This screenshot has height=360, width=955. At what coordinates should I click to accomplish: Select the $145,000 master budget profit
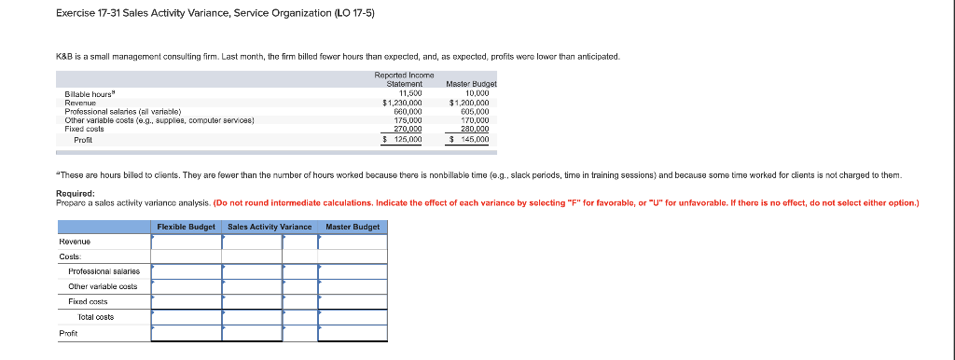(470, 139)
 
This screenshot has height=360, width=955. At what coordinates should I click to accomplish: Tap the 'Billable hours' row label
(90, 92)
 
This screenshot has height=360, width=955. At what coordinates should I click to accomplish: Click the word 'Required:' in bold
(74, 193)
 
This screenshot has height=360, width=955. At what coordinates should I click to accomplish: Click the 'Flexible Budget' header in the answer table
(187, 227)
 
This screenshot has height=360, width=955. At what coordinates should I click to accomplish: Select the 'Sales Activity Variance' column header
(270, 227)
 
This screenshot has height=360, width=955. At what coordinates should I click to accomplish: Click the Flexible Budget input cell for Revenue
(187, 242)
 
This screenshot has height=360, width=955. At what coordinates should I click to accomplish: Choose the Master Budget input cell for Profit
(353, 333)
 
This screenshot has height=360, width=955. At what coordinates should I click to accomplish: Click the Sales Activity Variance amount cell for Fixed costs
(252, 301)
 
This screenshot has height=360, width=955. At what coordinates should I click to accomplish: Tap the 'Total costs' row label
(95, 317)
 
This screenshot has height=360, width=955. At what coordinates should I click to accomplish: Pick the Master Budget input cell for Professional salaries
(353, 271)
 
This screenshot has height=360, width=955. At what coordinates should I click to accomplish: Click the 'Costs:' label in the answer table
(70, 256)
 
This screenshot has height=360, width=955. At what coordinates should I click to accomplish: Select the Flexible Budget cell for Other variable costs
(187, 286)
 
